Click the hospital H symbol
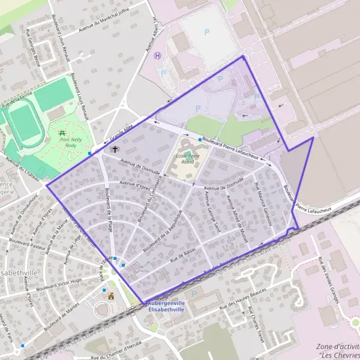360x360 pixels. point(158,56)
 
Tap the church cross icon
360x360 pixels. point(115,148)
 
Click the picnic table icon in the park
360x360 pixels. point(62,132)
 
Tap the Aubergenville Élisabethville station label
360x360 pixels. point(167,307)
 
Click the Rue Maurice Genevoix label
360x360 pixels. point(263,203)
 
